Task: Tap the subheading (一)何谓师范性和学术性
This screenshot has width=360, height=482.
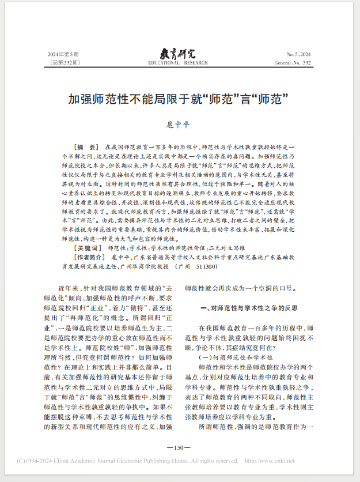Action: [x=236, y=358]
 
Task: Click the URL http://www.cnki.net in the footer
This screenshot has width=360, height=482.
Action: [x=269, y=461]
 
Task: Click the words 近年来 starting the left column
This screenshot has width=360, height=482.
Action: [x=67, y=287]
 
